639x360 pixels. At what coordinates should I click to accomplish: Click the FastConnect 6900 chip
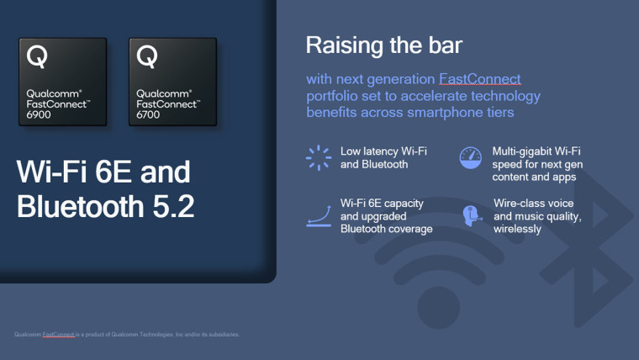[x=63, y=82]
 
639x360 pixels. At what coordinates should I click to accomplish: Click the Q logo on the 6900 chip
[x=37, y=56]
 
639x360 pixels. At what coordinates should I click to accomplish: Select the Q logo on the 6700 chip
[x=147, y=56]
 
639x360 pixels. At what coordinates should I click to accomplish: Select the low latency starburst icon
[x=318, y=157]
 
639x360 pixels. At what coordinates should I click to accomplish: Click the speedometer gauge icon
[x=470, y=157]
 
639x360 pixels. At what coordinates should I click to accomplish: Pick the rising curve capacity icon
[x=318, y=215]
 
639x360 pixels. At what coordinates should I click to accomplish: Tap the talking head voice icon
[x=470, y=215]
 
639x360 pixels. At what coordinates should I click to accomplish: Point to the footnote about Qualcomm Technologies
[x=127, y=334]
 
